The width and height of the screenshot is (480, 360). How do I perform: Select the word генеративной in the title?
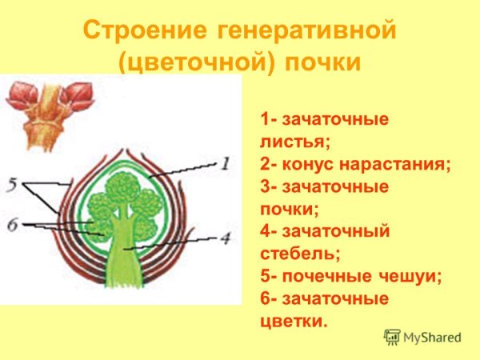(306, 33)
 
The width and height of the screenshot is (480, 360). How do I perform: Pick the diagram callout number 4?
(226, 238)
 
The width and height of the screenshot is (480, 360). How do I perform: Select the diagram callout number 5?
(11, 185)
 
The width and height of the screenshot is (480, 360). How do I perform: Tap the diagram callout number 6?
(11, 226)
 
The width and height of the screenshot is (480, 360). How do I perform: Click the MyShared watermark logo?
(423, 337)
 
